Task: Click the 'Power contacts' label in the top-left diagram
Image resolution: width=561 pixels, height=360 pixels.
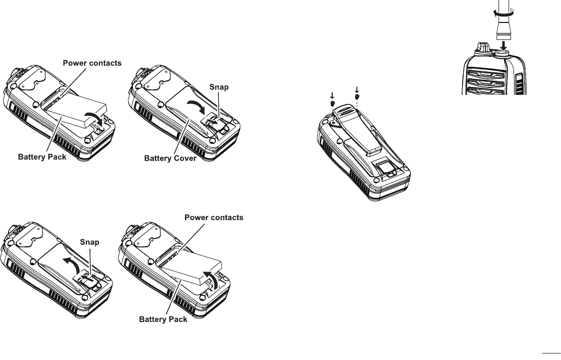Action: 93,63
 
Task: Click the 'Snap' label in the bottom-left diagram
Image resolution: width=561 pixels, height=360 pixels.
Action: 90,242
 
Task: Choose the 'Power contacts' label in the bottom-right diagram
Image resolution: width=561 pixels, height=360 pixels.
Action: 214,217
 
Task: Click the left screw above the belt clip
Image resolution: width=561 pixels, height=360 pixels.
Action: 332,103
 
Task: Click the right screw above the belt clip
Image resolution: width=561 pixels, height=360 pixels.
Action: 357,97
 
